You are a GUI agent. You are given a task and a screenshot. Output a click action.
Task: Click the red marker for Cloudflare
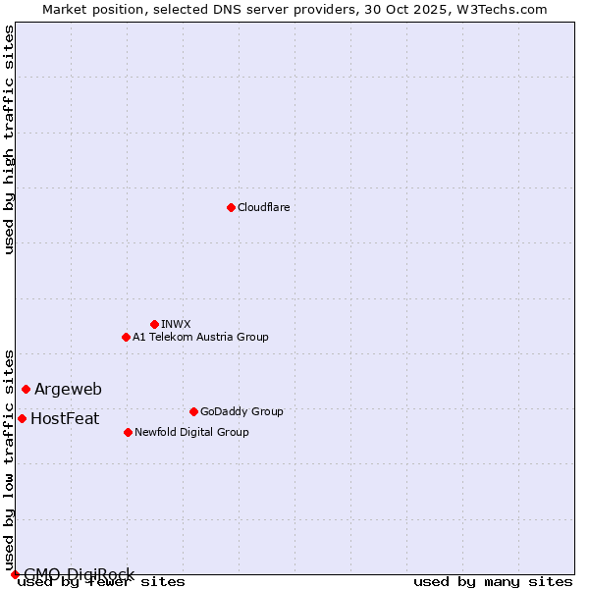[x=231, y=207]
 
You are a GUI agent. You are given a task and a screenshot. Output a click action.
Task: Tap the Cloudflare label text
[x=264, y=207]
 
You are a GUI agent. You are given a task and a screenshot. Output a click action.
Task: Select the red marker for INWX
[x=154, y=324]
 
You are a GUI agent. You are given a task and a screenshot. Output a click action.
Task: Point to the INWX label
[x=176, y=324]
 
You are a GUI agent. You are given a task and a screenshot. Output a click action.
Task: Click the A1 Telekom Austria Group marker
[x=126, y=337]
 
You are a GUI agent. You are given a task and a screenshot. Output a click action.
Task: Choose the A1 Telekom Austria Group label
[x=200, y=337]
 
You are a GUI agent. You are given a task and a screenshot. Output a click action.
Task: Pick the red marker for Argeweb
[x=26, y=389]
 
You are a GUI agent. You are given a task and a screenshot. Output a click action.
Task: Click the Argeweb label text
[x=68, y=390]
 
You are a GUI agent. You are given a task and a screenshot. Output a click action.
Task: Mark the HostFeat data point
[x=22, y=418]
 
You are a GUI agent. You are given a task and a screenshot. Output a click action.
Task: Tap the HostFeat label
[x=65, y=419]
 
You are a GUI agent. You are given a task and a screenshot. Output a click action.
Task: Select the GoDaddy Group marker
[x=193, y=411]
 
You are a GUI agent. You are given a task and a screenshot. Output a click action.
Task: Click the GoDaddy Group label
[x=241, y=411]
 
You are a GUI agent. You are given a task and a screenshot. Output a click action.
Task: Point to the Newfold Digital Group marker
[x=128, y=432]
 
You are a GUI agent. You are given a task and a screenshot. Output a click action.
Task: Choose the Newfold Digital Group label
[x=191, y=432]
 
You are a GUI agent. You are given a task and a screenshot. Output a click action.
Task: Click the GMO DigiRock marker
[x=15, y=574]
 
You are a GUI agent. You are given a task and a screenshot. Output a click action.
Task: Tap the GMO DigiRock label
[x=79, y=574]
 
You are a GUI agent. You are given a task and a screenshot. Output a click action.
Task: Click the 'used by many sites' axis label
[x=493, y=582]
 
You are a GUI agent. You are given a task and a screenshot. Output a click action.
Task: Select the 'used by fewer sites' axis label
[x=101, y=582]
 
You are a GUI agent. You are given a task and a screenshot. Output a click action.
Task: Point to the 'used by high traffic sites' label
[x=9, y=139]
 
